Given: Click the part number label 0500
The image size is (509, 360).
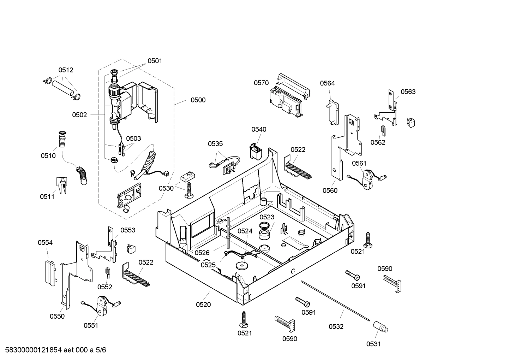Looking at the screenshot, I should click(x=198, y=100).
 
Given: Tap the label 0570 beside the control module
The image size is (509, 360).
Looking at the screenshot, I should click(x=261, y=83).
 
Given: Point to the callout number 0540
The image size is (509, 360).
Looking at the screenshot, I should click(x=259, y=130).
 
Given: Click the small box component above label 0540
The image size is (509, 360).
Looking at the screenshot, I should click(x=256, y=151).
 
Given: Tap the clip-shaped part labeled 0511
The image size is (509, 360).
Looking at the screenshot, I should click(x=61, y=185).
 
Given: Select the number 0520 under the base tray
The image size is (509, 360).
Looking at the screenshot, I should click(x=203, y=305).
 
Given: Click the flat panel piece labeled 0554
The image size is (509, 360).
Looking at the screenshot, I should click(x=50, y=272).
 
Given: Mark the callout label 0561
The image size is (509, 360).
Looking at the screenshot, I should click(x=359, y=163).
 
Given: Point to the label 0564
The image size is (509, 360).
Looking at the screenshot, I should click(x=327, y=83).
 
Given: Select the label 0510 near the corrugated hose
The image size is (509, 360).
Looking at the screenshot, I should click(x=48, y=156).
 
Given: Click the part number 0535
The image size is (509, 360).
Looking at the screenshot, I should click(x=215, y=144).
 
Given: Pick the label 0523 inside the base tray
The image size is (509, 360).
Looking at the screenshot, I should click(x=267, y=217).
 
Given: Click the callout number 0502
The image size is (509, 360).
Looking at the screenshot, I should click(x=79, y=115).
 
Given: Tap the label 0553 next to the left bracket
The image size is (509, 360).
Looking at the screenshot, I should click(x=128, y=230).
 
